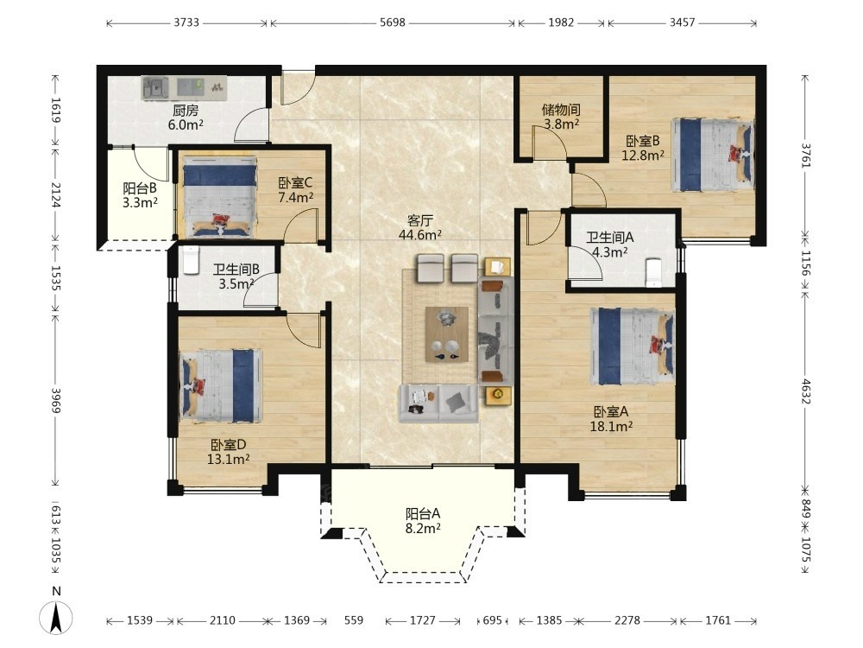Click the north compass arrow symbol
click(55, 617)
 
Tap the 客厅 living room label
click(419, 221)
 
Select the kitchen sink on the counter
click(155, 88)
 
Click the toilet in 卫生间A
click(653, 273)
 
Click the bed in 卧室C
click(219, 197)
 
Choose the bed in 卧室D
click(221, 385)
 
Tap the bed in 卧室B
click(712, 155)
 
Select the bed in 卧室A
click(633, 346)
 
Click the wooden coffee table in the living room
click(447, 334)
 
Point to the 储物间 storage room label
click(561, 110)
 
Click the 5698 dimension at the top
click(393, 22)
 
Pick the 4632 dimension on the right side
click(806, 391)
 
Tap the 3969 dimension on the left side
click(56, 401)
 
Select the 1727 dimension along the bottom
click(423, 620)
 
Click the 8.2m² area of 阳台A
click(423, 529)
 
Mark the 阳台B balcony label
click(140, 188)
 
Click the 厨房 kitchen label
click(186, 111)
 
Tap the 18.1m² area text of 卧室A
click(611, 426)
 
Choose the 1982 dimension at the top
click(562, 22)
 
